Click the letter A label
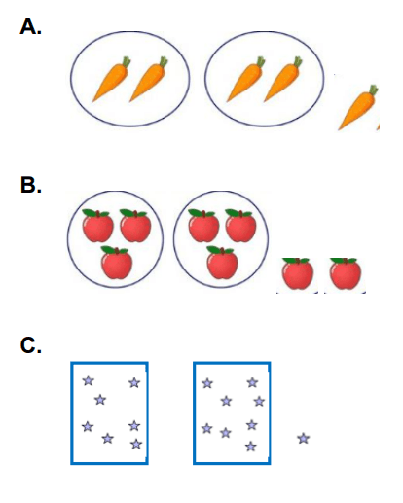click(x=30, y=26)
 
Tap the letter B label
click(x=31, y=185)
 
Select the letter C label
click(x=31, y=345)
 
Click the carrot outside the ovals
click(x=357, y=108)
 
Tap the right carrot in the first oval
click(x=149, y=80)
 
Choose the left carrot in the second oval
click(x=245, y=80)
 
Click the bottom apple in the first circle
click(x=117, y=263)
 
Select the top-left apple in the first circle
click(x=97, y=226)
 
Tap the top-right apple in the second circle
click(x=240, y=226)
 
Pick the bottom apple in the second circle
click(x=222, y=263)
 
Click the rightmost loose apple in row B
click(x=346, y=273)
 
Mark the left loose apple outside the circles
click(x=298, y=273)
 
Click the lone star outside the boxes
click(x=304, y=439)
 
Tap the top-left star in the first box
click(x=89, y=380)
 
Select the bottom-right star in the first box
click(x=136, y=444)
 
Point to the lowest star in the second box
click(x=250, y=447)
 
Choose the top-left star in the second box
click(x=207, y=383)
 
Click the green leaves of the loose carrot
click(x=373, y=90)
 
